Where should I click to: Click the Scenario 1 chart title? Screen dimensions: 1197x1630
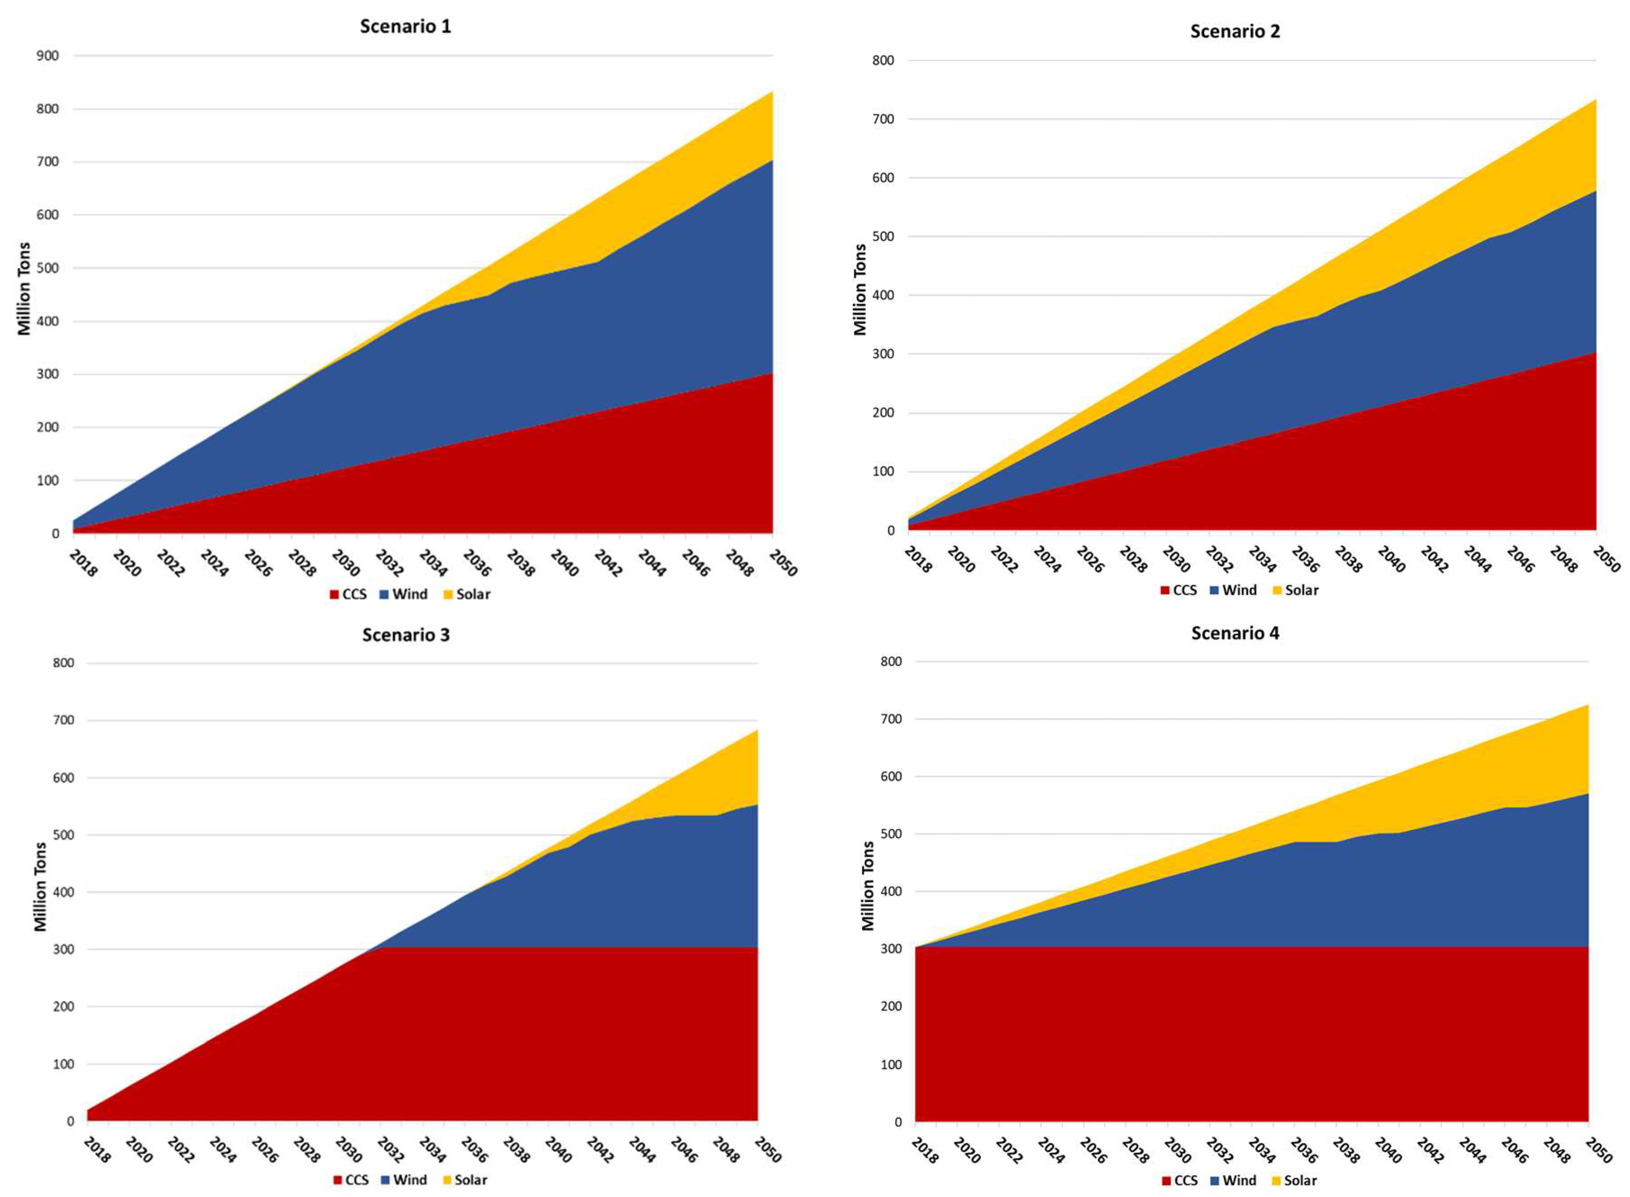coord(405,27)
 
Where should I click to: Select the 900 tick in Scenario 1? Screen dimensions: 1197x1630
coord(48,56)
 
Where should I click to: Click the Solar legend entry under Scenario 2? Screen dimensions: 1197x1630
coord(1295,591)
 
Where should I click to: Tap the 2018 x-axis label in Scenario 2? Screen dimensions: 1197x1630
coord(917,560)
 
